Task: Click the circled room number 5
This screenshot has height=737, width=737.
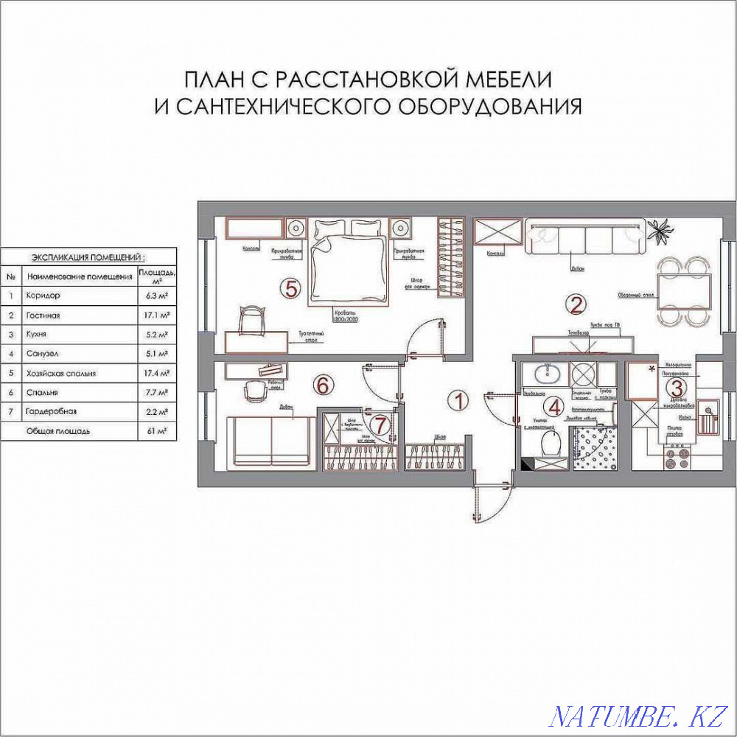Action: (x=292, y=289)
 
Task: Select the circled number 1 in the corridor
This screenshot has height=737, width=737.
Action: (x=458, y=401)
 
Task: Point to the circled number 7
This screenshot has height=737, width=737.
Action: (x=380, y=425)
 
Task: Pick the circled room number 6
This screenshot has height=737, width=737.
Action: (x=321, y=384)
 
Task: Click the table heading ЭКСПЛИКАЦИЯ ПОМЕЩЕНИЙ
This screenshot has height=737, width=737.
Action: (x=88, y=257)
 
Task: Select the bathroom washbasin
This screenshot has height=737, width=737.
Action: (x=545, y=374)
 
